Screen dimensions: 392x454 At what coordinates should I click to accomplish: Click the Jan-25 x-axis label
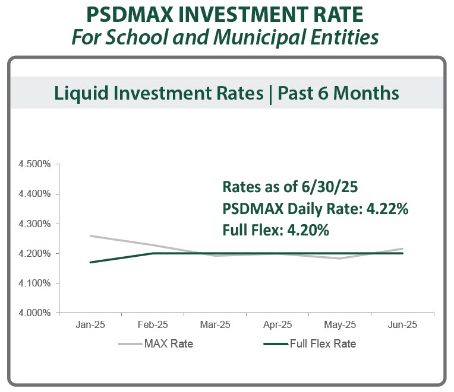[90, 325]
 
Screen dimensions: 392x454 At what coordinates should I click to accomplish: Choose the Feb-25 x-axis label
[152, 325]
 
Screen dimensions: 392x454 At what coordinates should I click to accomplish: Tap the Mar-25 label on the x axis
[215, 325]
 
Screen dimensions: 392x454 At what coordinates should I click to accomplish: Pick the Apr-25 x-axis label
[278, 325]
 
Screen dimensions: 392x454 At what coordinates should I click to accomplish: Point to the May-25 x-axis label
[340, 325]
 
